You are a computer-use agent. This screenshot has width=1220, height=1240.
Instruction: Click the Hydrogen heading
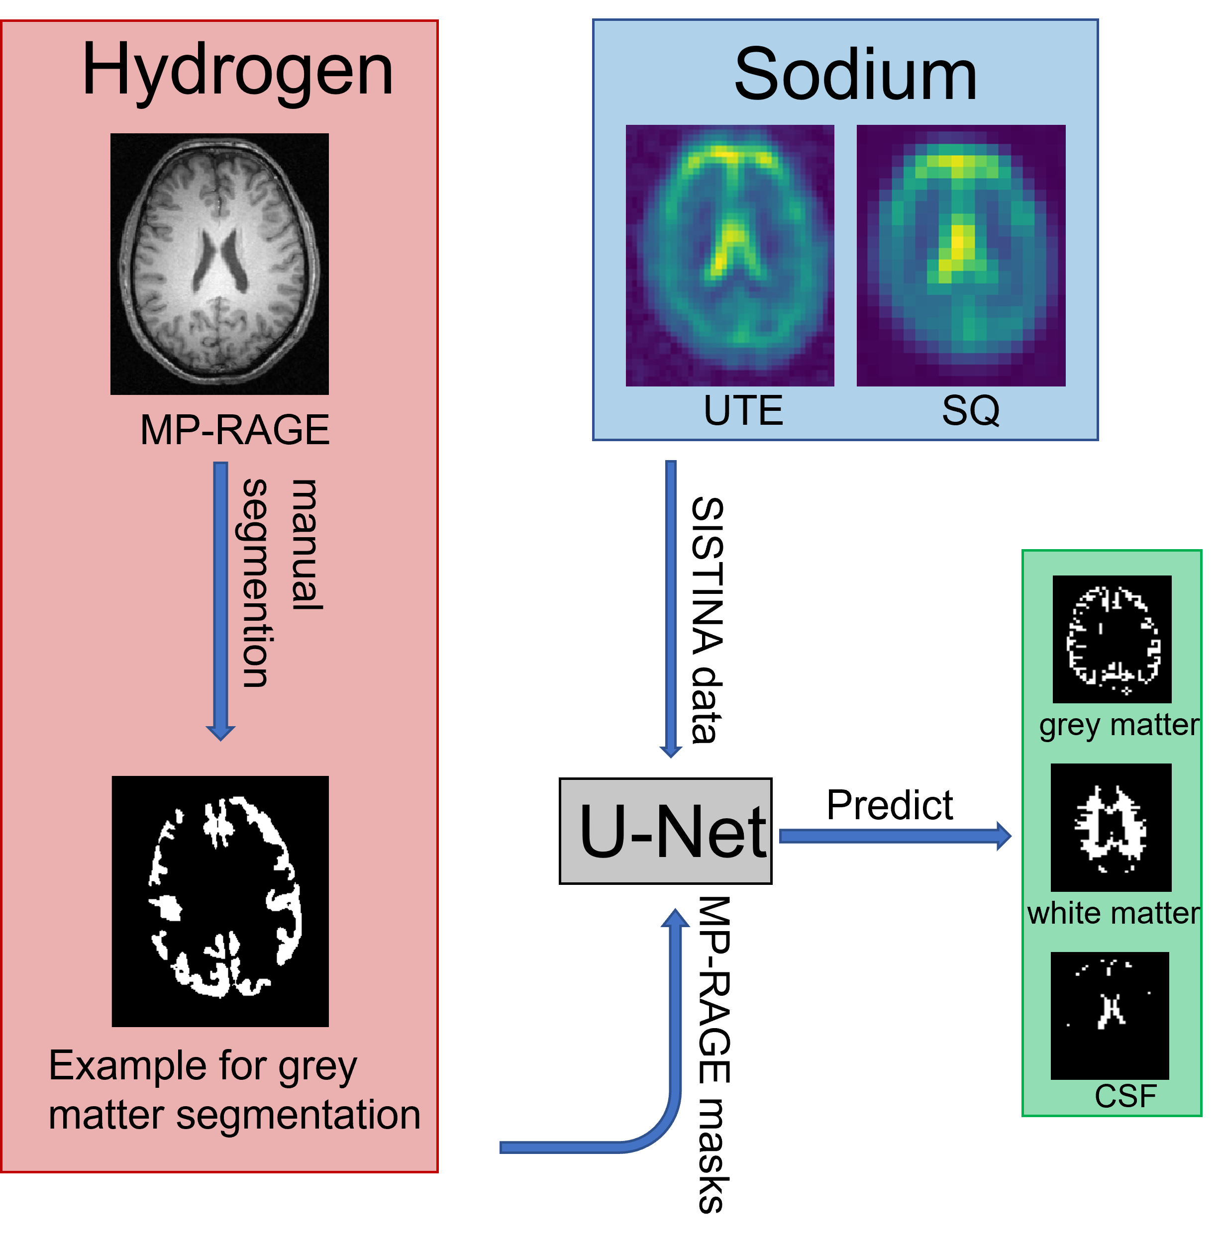(x=237, y=71)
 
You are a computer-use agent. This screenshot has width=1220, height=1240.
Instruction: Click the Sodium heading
(x=855, y=76)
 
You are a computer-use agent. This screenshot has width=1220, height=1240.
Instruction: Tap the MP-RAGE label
(x=234, y=430)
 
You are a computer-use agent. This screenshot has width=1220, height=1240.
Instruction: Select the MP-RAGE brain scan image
(x=220, y=264)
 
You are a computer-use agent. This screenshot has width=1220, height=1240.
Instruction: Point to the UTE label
(x=743, y=410)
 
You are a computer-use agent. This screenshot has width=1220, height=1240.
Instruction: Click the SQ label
(x=970, y=410)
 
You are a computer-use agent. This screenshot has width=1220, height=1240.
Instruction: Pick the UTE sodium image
(x=730, y=256)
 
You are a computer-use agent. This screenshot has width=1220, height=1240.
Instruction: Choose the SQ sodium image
(x=961, y=256)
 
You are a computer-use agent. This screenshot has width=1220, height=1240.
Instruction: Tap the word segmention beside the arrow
(x=256, y=583)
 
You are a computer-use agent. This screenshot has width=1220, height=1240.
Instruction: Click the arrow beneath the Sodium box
(x=671, y=608)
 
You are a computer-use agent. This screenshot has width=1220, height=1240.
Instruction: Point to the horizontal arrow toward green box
(x=895, y=836)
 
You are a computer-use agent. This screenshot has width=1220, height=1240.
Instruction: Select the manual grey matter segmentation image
(x=220, y=901)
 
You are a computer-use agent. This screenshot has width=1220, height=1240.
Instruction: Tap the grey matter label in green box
(x=1119, y=725)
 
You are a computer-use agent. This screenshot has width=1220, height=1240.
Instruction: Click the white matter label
(x=1114, y=913)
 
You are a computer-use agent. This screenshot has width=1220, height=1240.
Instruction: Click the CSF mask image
(x=1110, y=1015)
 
